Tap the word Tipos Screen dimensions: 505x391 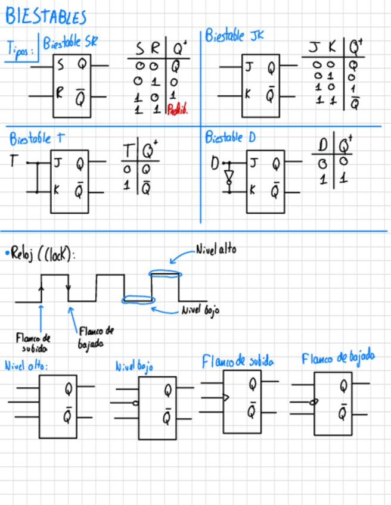tap(20, 49)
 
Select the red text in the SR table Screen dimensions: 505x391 tap(178, 110)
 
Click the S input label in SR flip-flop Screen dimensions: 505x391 tap(61, 66)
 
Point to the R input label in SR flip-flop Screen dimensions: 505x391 tap(60, 93)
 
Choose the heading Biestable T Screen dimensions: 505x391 tap(36, 139)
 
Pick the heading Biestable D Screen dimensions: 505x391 tap(230, 138)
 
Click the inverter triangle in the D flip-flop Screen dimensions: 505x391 tap(228, 176)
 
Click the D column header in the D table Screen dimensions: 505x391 tap(322, 145)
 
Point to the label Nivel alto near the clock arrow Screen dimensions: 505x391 tap(215, 250)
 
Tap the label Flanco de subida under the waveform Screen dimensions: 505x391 tap(33, 342)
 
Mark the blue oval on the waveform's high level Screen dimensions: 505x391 tap(164, 274)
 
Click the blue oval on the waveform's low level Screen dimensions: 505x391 tap(136, 300)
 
